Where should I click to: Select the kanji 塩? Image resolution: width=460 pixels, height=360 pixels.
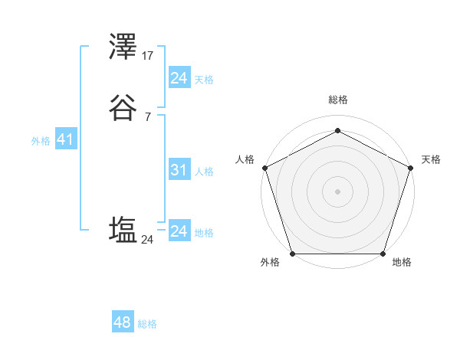(123, 231)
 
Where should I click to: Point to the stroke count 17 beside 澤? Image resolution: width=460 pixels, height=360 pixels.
(148, 55)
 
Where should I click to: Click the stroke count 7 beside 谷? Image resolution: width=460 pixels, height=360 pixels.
(147, 117)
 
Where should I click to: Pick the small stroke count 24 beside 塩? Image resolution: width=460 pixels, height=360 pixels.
(147, 240)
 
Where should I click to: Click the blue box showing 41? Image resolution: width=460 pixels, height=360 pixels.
(64, 140)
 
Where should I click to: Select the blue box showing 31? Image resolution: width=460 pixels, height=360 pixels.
(179, 171)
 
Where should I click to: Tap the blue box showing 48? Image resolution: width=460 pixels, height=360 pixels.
(122, 322)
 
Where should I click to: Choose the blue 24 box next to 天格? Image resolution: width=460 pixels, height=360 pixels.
(179, 78)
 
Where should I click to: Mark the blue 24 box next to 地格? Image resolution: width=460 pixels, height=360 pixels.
(179, 231)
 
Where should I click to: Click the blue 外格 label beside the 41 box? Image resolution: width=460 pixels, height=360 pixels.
(40, 141)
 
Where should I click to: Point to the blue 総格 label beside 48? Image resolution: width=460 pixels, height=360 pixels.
(147, 324)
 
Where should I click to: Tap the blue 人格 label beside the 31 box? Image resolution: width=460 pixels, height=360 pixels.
(204, 172)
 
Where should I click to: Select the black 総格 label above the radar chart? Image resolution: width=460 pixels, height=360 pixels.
(337, 100)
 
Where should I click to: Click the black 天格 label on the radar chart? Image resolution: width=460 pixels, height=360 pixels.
(432, 160)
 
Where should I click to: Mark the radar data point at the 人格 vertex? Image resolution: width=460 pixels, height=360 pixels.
(264, 167)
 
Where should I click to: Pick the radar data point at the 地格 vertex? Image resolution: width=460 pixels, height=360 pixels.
(383, 254)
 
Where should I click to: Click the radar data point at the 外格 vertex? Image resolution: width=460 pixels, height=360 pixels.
(292, 254)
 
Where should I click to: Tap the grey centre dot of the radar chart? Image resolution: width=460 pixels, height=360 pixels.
(337, 191)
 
